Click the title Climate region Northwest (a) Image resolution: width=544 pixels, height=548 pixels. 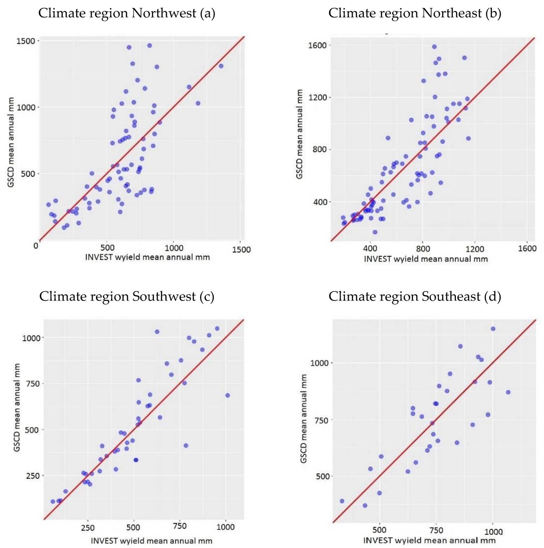[x=127, y=13]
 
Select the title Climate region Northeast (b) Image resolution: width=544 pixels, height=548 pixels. [x=414, y=13]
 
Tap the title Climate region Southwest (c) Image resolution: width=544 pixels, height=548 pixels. [x=127, y=296]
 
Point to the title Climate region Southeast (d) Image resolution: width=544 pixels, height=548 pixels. [x=414, y=296]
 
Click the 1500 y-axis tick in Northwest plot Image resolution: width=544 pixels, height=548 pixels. [x=26, y=41]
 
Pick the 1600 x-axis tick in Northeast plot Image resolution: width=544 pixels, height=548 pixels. [x=527, y=248]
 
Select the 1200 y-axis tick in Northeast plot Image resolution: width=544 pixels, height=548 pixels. [x=317, y=98]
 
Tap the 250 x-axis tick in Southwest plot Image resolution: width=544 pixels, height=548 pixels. [x=87, y=527]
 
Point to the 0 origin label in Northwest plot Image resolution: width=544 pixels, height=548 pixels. [x=36, y=246]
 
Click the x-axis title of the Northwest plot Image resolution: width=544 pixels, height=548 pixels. [x=147, y=258]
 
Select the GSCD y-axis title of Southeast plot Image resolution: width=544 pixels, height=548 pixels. [x=303, y=419]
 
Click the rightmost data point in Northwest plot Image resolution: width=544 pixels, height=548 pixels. [x=221, y=66]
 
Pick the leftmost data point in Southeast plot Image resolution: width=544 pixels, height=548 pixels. [x=342, y=501]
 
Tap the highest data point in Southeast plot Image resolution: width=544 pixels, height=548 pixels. [x=493, y=329]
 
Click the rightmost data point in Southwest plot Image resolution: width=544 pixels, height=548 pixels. [x=227, y=395]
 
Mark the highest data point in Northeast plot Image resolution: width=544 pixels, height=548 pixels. [x=434, y=47]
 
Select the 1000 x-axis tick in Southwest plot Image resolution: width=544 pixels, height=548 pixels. [x=225, y=527]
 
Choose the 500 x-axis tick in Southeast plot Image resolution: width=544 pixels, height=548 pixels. [x=379, y=530]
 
